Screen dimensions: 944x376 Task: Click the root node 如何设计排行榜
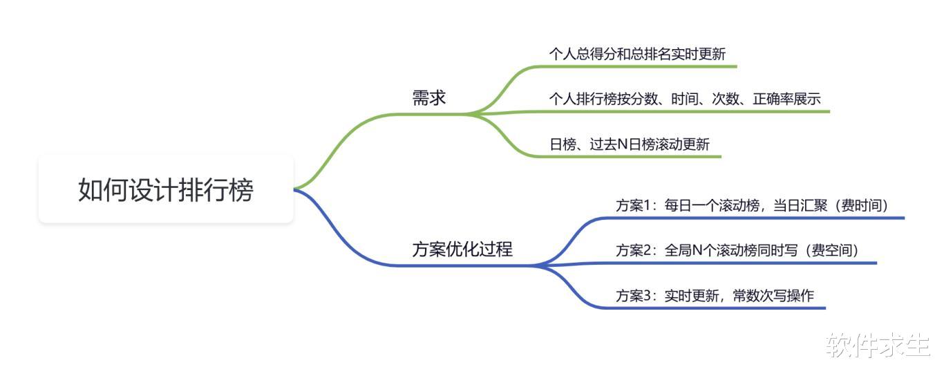(166, 189)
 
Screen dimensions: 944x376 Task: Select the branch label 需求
(429, 97)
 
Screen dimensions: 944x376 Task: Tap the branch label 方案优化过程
(462, 249)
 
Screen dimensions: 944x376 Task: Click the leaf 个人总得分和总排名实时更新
(637, 54)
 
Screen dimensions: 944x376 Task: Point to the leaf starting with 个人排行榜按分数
(685, 99)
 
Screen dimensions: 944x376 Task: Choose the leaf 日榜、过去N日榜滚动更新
(630, 144)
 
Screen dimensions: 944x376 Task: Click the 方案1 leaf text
(753, 206)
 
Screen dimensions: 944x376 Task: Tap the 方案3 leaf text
(715, 296)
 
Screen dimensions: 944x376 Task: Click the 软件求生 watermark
(878, 345)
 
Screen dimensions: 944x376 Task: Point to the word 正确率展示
(787, 99)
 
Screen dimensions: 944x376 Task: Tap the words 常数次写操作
(773, 296)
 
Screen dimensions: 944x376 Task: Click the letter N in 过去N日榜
(623, 144)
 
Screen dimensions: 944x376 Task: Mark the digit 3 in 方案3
(648, 296)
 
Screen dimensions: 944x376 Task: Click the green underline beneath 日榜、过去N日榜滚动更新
(628, 156)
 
